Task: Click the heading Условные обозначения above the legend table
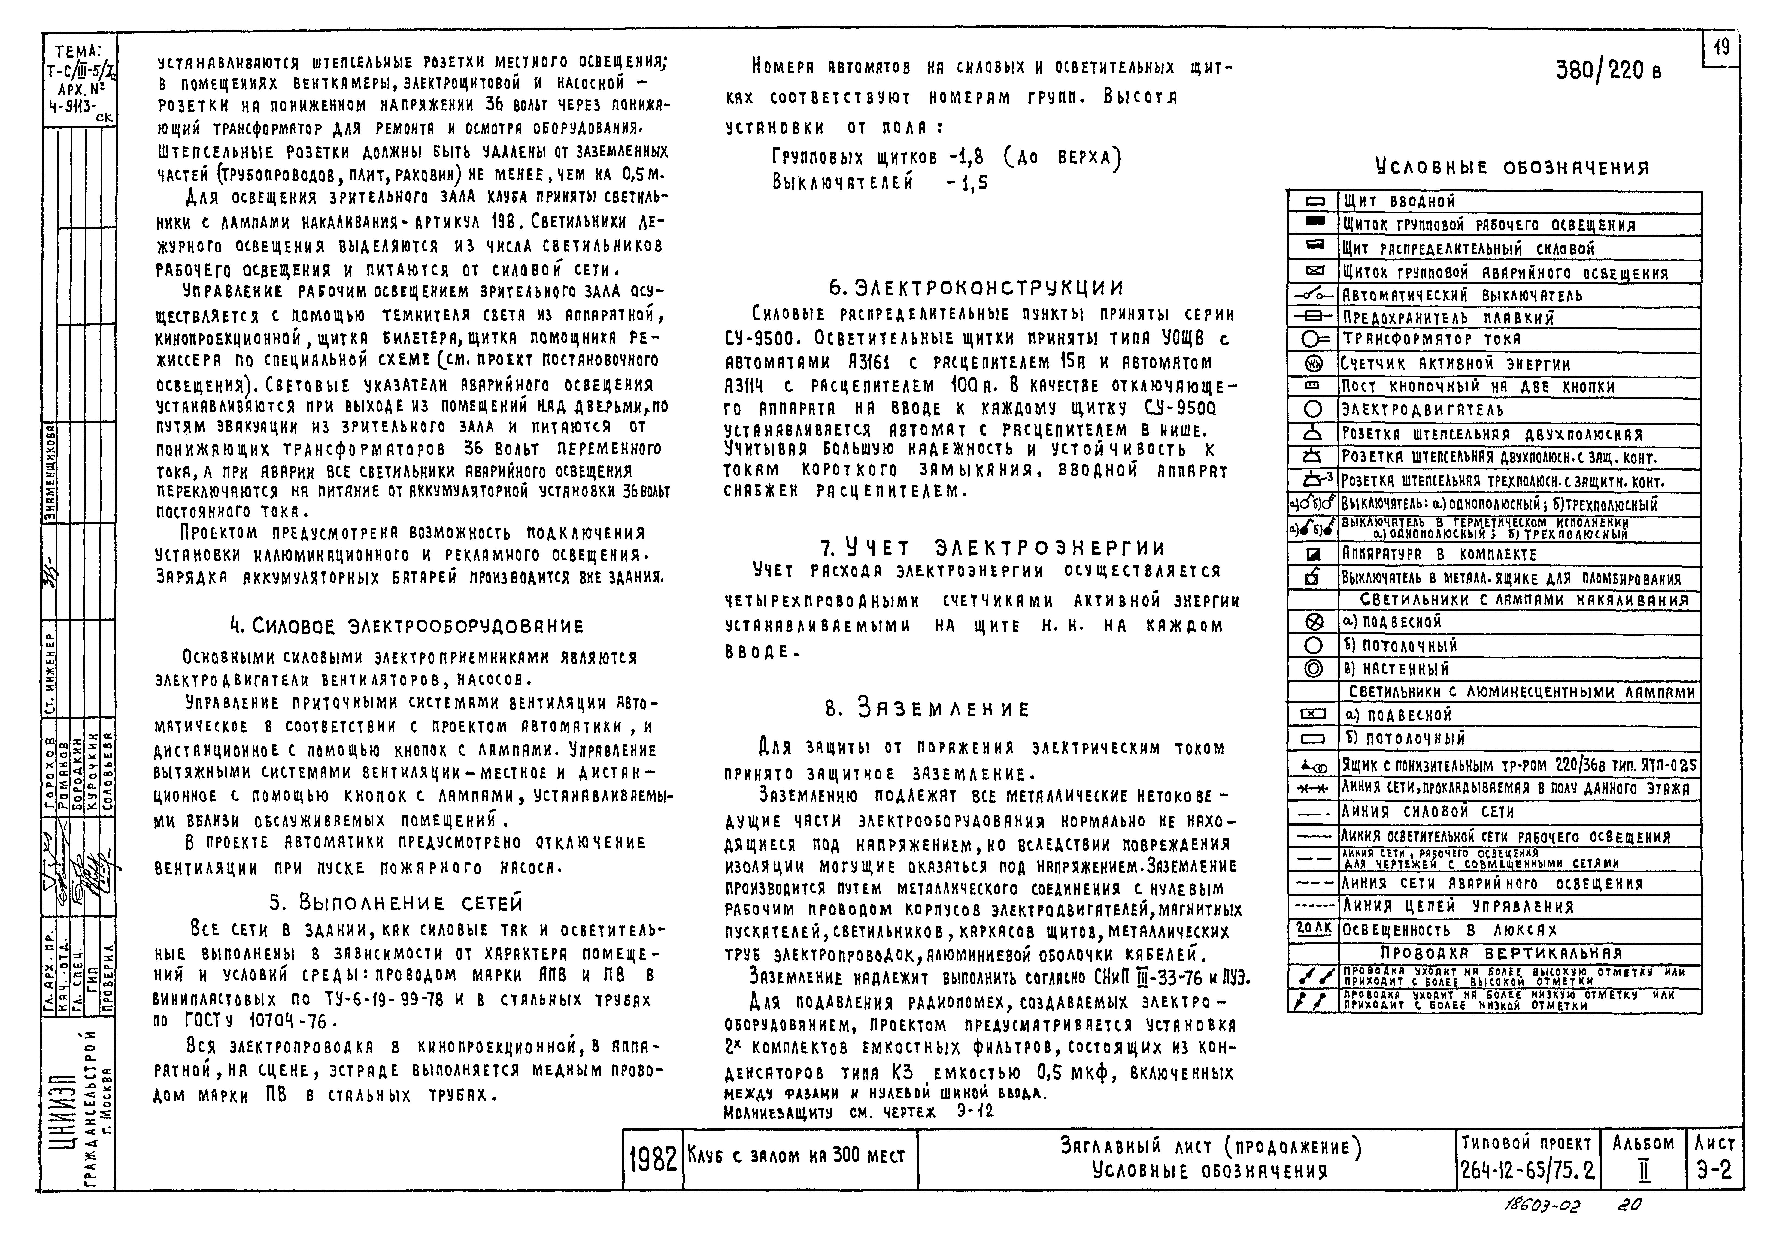[x=1511, y=167]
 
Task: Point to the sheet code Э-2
[x=1714, y=1170]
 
